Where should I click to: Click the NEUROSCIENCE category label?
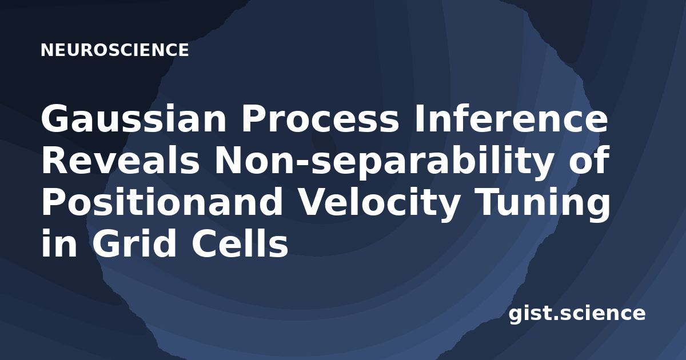point(114,50)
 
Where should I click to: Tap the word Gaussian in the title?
point(134,118)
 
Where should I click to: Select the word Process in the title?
point(320,118)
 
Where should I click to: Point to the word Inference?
point(510,118)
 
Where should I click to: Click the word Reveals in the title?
point(121,161)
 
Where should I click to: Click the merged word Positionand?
point(162,201)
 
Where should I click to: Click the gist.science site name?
point(577,314)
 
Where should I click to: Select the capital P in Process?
point(255,118)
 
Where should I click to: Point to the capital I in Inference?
point(418,118)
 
